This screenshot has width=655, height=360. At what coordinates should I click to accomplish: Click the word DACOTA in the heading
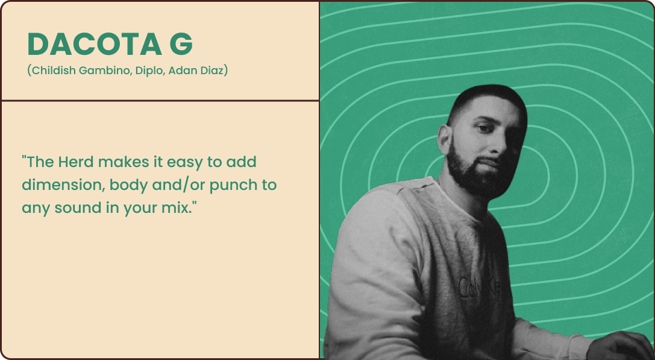[95, 44]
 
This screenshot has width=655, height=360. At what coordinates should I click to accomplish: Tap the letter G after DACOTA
[181, 44]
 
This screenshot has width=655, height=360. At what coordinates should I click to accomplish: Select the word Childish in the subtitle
[52, 70]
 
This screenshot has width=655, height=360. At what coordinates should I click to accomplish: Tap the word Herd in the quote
[76, 162]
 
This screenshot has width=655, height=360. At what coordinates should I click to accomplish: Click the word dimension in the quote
[63, 185]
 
